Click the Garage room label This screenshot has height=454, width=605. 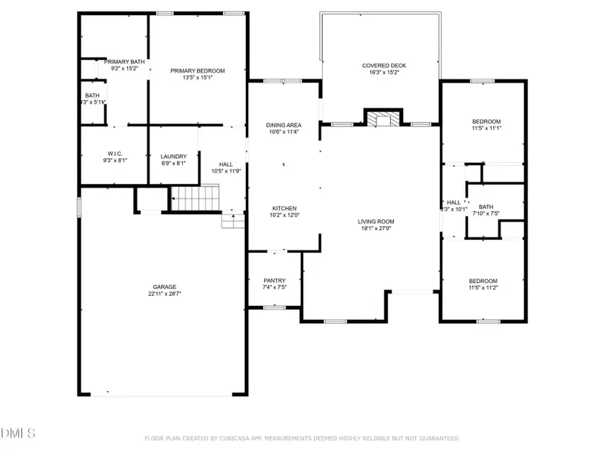pyautogui.click(x=165, y=287)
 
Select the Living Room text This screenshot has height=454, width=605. pyautogui.click(x=376, y=222)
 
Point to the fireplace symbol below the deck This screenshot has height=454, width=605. pyautogui.click(x=381, y=118)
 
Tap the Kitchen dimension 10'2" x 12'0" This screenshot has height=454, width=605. pyautogui.click(x=284, y=215)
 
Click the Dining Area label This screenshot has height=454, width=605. pyautogui.click(x=284, y=125)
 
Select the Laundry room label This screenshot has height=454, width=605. pyautogui.click(x=173, y=157)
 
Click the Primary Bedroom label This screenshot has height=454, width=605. pyautogui.click(x=197, y=70)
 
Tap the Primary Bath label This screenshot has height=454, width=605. pyautogui.click(x=124, y=61)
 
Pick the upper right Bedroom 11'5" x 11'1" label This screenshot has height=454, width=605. pyautogui.click(x=486, y=121)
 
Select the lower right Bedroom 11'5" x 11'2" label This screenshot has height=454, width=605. pyautogui.click(x=483, y=281)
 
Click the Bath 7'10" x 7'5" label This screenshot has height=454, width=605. pyautogui.click(x=486, y=207)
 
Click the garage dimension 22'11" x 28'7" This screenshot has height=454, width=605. pyautogui.click(x=165, y=294)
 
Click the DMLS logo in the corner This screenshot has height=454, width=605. pyautogui.click(x=18, y=434)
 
